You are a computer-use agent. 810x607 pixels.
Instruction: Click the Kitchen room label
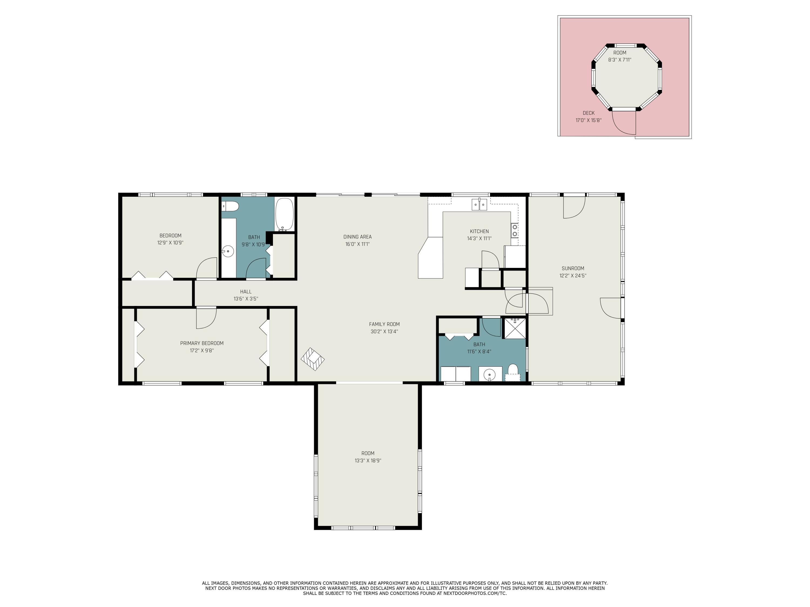(479, 231)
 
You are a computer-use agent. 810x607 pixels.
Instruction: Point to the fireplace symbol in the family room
(313, 359)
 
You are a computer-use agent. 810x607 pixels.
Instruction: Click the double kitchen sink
(479, 204)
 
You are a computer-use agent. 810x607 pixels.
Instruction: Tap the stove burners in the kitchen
(515, 230)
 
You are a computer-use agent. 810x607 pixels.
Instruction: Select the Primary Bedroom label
(202, 343)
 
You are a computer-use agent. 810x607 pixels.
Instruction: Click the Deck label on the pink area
(588, 113)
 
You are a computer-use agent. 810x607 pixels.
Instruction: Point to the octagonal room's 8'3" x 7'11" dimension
(620, 60)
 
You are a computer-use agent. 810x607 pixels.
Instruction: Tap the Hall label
(246, 292)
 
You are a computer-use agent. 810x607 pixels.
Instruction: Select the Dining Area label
(357, 237)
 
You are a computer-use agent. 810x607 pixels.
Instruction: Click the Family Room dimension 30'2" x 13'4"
(384, 332)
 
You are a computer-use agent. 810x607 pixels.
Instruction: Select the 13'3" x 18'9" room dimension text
(368, 461)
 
